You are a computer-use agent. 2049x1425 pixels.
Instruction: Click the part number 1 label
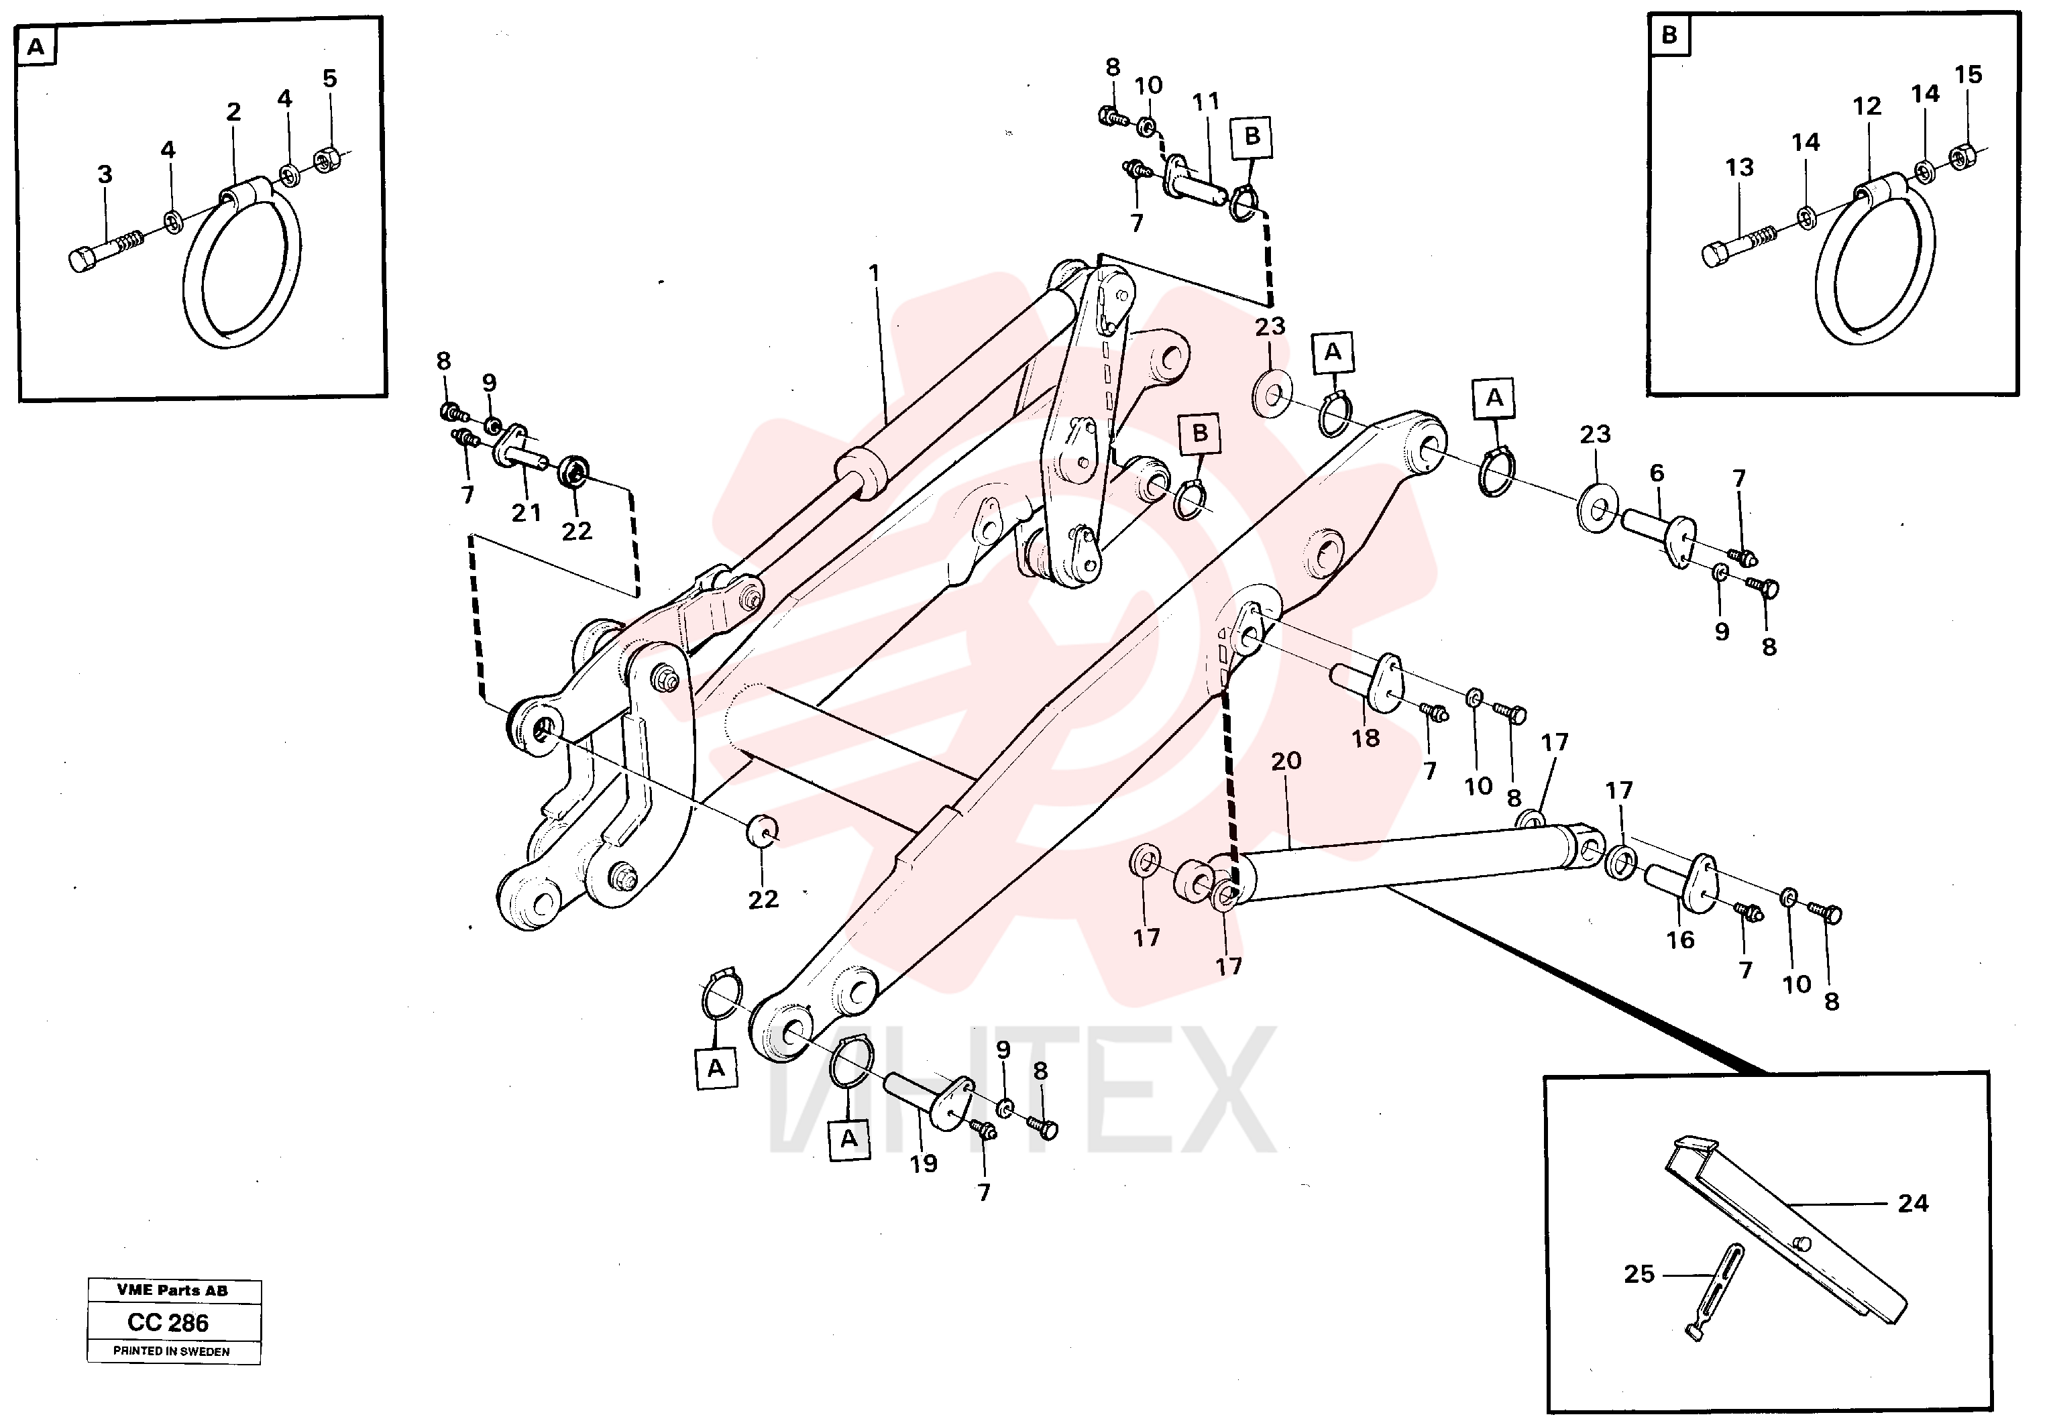pos(874,272)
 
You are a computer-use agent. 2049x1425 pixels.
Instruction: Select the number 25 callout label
pos(1639,1274)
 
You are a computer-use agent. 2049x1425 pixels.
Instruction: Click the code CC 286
pos(168,1322)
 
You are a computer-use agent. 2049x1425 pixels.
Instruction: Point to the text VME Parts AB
pos(172,1290)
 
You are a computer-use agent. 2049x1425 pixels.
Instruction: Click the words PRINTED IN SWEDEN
pos(171,1352)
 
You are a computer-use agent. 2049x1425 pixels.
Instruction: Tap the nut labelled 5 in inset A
pos(327,160)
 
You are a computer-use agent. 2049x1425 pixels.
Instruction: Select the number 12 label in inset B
pos(1866,106)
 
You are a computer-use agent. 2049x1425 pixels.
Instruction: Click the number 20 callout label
pos(1286,761)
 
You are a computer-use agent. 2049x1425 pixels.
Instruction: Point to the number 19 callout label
pos(924,1163)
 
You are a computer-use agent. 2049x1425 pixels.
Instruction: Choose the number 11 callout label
pos(1206,102)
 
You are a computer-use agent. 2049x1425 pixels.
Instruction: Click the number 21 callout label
pos(527,513)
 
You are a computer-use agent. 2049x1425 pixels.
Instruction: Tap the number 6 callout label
pos(1657,473)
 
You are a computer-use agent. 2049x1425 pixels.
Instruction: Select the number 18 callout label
pos(1366,738)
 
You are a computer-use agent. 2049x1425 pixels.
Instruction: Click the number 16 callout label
pos(1680,939)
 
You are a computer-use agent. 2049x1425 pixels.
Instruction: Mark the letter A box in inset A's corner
pos(36,46)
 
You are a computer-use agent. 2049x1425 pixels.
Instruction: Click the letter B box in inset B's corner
pos(1669,35)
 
